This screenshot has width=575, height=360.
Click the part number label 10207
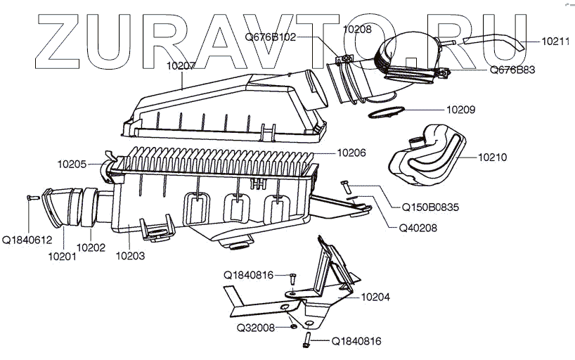coord(181,66)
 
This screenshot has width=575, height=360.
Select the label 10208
coord(358,30)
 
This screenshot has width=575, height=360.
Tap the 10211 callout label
coord(557,42)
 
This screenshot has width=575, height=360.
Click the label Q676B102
coord(271,37)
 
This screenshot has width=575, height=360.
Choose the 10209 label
coord(461,110)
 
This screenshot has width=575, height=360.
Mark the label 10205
coord(72,165)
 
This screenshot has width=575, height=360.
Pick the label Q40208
coord(418,228)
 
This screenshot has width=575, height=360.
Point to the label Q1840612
coord(27,240)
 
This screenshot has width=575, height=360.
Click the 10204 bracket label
coord(376,297)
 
